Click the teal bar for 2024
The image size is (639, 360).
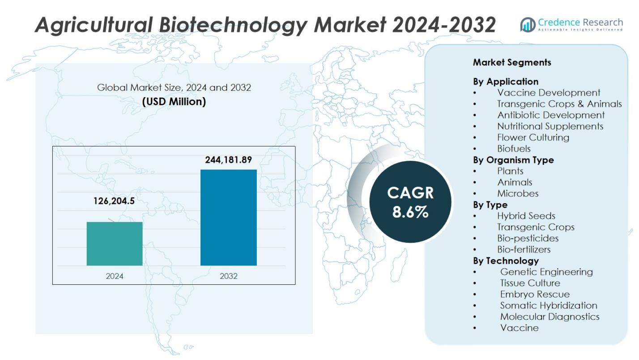(115, 244)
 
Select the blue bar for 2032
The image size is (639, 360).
(228, 218)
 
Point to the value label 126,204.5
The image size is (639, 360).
(114, 201)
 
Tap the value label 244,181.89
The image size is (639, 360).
(228, 160)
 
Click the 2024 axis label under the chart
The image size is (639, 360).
(115, 276)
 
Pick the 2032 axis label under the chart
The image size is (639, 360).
(228, 276)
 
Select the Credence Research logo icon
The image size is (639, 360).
(528, 25)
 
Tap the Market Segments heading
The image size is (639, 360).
(512, 63)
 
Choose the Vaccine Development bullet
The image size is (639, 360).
(549, 93)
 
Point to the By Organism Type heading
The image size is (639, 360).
(513, 160)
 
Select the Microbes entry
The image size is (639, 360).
(518, 193)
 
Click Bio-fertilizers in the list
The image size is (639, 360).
(524, 249)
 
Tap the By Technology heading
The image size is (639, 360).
(506, 261)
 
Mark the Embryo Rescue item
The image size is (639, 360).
(535, 294)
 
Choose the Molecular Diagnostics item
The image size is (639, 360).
(550, 317)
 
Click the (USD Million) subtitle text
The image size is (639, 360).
(174, 102)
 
